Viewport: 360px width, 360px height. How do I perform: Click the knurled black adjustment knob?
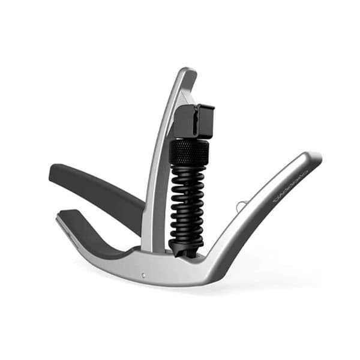189,151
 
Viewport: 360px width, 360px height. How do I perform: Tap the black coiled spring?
188,198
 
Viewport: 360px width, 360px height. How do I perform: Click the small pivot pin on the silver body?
143,275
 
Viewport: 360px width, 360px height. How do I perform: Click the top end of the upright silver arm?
187,73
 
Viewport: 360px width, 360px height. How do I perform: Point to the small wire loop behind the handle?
240,206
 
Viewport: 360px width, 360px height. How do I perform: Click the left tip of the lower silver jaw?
59,220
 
